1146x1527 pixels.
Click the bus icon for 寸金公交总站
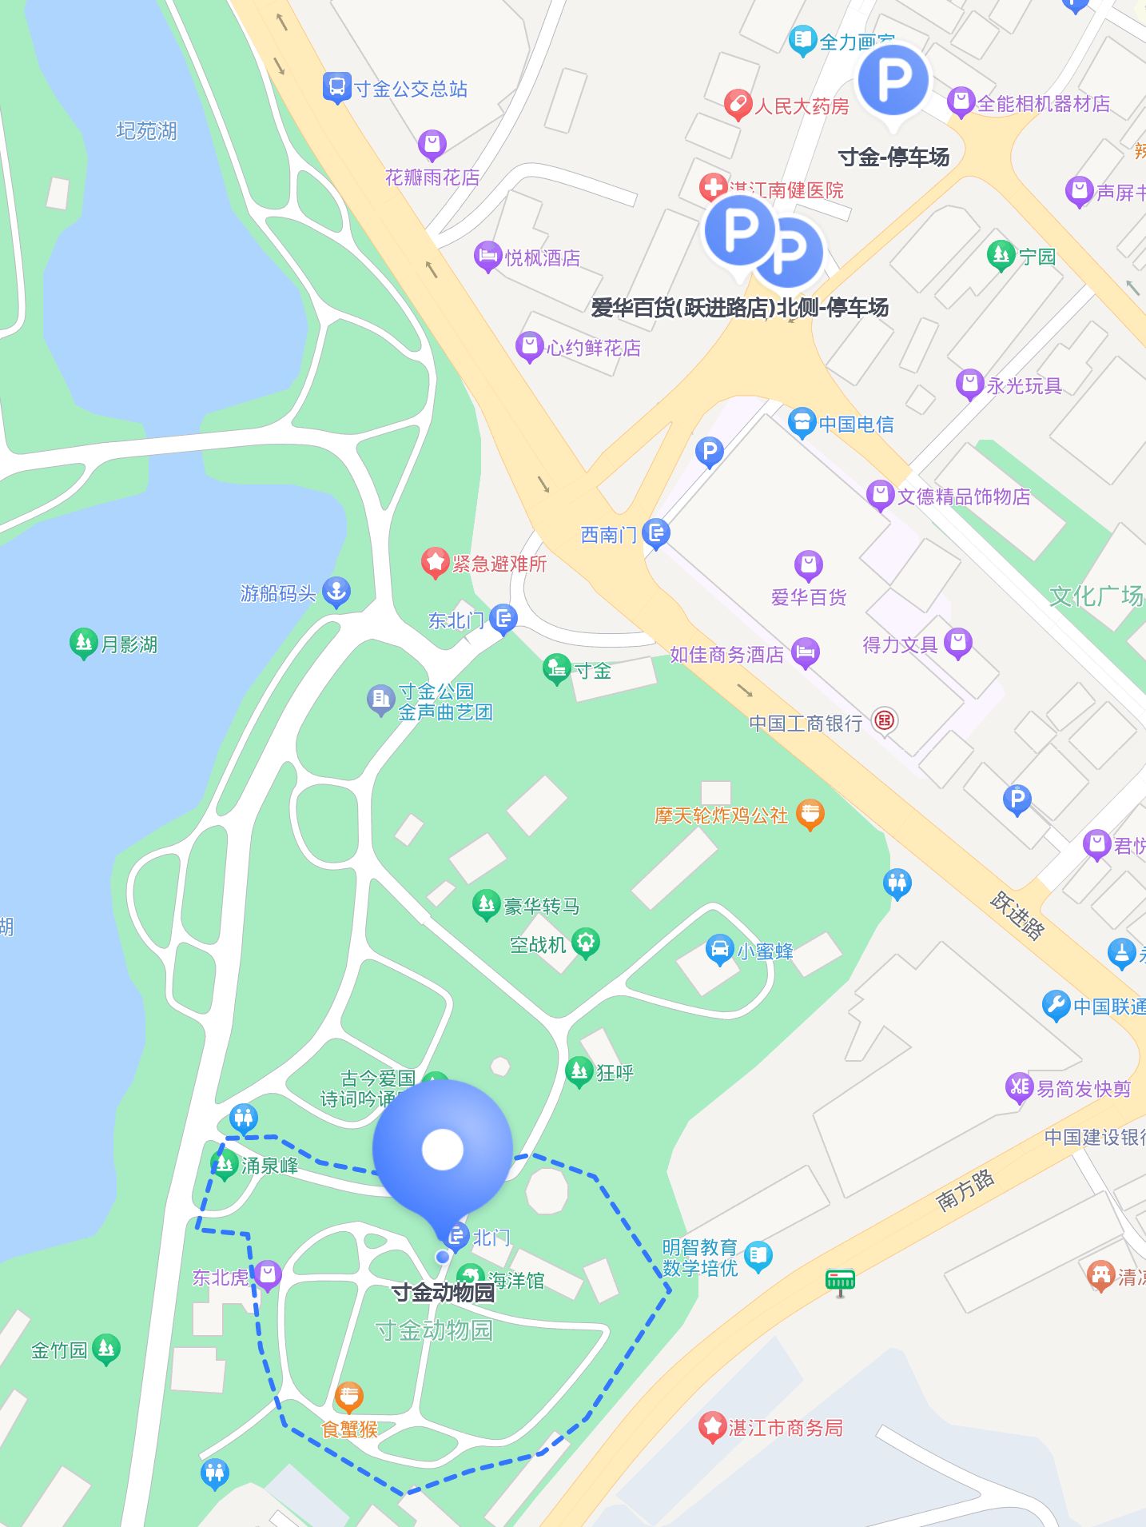[x=337, y=88]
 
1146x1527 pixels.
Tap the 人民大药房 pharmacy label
[x=801, y=106]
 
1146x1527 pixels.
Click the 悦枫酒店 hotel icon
[x=487, y=257]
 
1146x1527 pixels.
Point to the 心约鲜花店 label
[x=594, y=348]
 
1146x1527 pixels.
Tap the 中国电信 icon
[x=802, y=423]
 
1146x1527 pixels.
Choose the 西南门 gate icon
[x=656, y=533]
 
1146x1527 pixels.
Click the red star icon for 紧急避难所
[x=436, y=563]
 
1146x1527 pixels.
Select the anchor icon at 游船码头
[x=336, y=592]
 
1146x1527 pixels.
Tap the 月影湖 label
[x=129, y=644]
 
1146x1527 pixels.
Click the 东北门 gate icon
[x=503, y=618]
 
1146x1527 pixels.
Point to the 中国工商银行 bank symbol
[x=884, y=721]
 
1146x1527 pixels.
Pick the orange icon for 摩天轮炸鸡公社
[x=810, y=815]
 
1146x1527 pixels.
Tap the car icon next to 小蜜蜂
[x=719, y=950]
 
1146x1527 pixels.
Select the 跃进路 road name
[x=1017, y=915]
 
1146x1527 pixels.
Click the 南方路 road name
[x=965, y=1189]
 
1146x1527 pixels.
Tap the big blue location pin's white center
[x=442, y=1149]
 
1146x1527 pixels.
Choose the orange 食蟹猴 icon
[x=349, y=1397]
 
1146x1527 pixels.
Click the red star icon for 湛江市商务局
[x=711, y=1427]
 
